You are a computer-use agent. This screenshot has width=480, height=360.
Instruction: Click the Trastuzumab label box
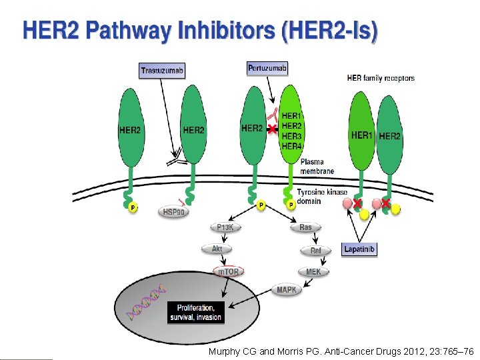coord(162,70)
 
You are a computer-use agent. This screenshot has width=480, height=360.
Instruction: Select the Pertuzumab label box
coord(267,68)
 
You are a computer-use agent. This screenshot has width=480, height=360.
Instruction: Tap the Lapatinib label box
coord(359,249)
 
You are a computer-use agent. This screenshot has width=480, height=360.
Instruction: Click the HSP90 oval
coord(174,212)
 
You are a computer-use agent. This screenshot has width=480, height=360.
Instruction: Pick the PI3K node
coord(225,227)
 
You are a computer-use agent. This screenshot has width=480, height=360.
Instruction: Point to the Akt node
coord(217,249)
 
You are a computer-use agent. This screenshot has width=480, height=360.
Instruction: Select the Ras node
coord(305,227)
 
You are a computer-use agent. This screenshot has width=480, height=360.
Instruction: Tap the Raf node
coord(316,251)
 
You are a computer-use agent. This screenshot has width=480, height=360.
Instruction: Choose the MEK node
coord(313,272)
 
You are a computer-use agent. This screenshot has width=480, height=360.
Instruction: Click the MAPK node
coord(287,290)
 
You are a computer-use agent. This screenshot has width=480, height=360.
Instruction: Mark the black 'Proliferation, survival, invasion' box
coord(195,313)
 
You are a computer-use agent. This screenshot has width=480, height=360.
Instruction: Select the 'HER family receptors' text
coord(381,78)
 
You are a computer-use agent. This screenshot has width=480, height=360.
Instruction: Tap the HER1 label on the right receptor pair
coord(362,135)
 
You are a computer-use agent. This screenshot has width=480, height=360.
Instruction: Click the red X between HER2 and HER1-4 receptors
coord(272,129)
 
